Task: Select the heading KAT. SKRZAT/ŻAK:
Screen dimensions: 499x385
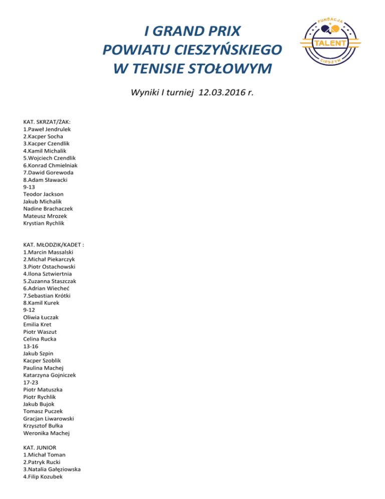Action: [47, 122]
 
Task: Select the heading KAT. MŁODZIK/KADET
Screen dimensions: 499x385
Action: [53, 245]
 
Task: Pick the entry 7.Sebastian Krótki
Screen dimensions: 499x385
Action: [47, 296]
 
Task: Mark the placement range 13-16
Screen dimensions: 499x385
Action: [29, 346]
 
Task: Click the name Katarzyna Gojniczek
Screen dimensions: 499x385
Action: [49, 375]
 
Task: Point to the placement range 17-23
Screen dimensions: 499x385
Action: [29, 382]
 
